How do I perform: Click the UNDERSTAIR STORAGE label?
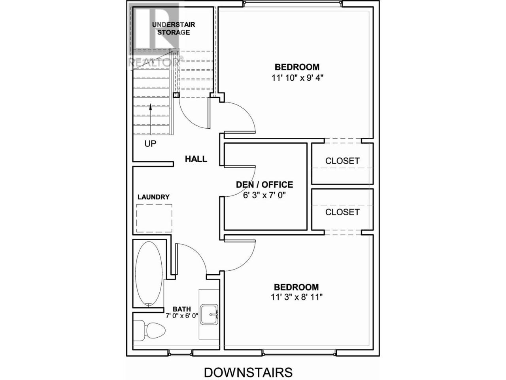[x=174, y=28]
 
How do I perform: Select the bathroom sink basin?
[x=209, y=314]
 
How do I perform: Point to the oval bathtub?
[x=149, y=274]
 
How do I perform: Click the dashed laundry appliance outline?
[x=154, y=218]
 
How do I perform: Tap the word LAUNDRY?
[x=153, y=197]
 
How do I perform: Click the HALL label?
[x=196, y=159]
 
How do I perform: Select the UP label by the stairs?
[x=150, y=144]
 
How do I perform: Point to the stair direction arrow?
[x=151, y=119]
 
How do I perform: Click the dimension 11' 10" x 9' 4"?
[x=297, y=78]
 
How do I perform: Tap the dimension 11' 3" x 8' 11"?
[x=296, y=297]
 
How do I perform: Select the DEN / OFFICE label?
[x=264, y=184]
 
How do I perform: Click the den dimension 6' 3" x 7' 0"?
[x=264, y=196]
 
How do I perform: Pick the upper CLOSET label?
[x=342, y=161]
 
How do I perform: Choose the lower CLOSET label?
[x=342, y=212]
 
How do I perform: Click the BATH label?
[x=182, y=309]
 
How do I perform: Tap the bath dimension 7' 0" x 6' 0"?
[x=182, y=315]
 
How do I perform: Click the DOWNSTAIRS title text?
[x=248, y=366]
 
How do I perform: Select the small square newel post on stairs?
[x=176, y=95]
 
